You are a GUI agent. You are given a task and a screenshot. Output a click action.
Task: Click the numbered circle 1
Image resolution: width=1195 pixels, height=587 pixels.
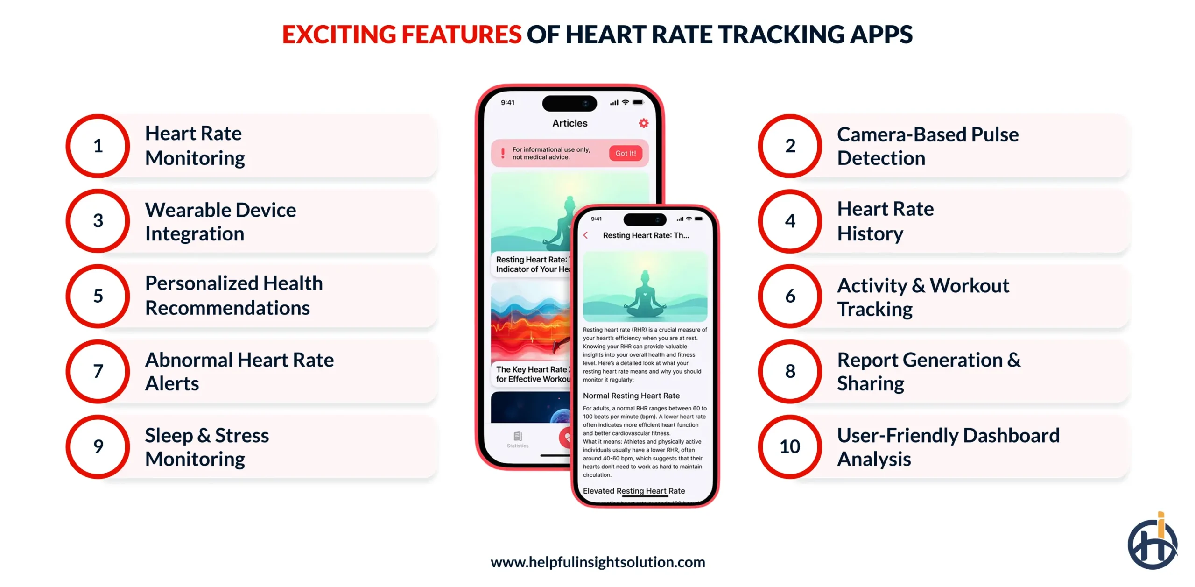coord(98,146)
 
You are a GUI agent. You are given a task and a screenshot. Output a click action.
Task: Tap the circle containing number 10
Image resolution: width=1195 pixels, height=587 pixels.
coord(790,446)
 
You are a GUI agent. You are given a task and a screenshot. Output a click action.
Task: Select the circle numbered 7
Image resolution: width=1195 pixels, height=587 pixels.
coord(98,371)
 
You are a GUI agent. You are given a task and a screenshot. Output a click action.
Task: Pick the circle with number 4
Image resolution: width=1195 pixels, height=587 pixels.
coord(790,221)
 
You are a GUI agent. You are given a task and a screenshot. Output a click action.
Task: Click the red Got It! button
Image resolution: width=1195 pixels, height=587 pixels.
coord(625,153)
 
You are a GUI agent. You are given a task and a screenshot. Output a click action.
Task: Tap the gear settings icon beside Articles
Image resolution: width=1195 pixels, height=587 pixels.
coord(643,123)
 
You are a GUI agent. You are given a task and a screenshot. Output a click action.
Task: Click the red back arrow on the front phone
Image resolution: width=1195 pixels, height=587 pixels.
coord(586,235)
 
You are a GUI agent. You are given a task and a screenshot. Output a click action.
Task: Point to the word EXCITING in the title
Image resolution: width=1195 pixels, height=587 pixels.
coord(339,35)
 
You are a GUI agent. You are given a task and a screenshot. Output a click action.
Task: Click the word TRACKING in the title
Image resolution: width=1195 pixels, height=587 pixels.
coord(780,35)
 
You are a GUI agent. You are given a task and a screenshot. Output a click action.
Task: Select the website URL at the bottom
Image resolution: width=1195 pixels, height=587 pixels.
coord(597,562)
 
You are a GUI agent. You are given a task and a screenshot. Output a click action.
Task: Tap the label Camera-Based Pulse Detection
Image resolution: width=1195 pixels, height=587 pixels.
coord(927,146)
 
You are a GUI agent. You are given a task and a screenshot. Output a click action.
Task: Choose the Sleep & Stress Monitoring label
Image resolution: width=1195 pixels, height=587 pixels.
coord(207,447)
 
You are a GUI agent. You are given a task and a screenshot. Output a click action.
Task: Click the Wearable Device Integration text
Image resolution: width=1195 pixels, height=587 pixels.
coord(220,221)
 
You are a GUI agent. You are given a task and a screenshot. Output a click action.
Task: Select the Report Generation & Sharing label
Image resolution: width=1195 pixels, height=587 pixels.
coord(928,372)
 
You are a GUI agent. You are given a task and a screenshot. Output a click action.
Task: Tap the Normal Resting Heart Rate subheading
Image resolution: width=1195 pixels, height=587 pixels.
coord(631,396)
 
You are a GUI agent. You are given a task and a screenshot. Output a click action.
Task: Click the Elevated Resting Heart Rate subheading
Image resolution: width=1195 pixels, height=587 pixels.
coord(633,491)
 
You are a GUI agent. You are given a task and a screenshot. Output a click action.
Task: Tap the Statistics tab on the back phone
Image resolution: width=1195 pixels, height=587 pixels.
coord(518,439)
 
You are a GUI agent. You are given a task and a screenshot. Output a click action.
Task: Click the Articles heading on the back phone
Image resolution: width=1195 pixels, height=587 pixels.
coord(569,123)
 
